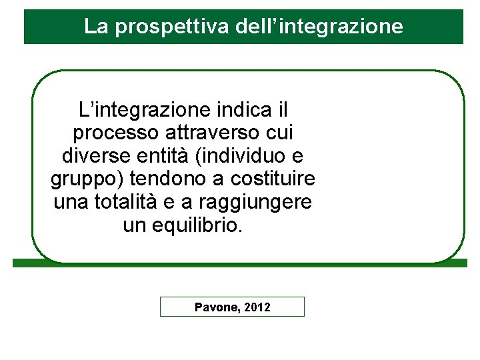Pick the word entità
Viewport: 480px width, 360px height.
click(x=158, y=155)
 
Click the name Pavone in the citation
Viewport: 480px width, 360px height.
click(x=216, y=307)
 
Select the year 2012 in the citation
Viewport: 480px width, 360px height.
click(x=257, y=307)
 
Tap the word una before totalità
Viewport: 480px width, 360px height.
click(x=69, y=203)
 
